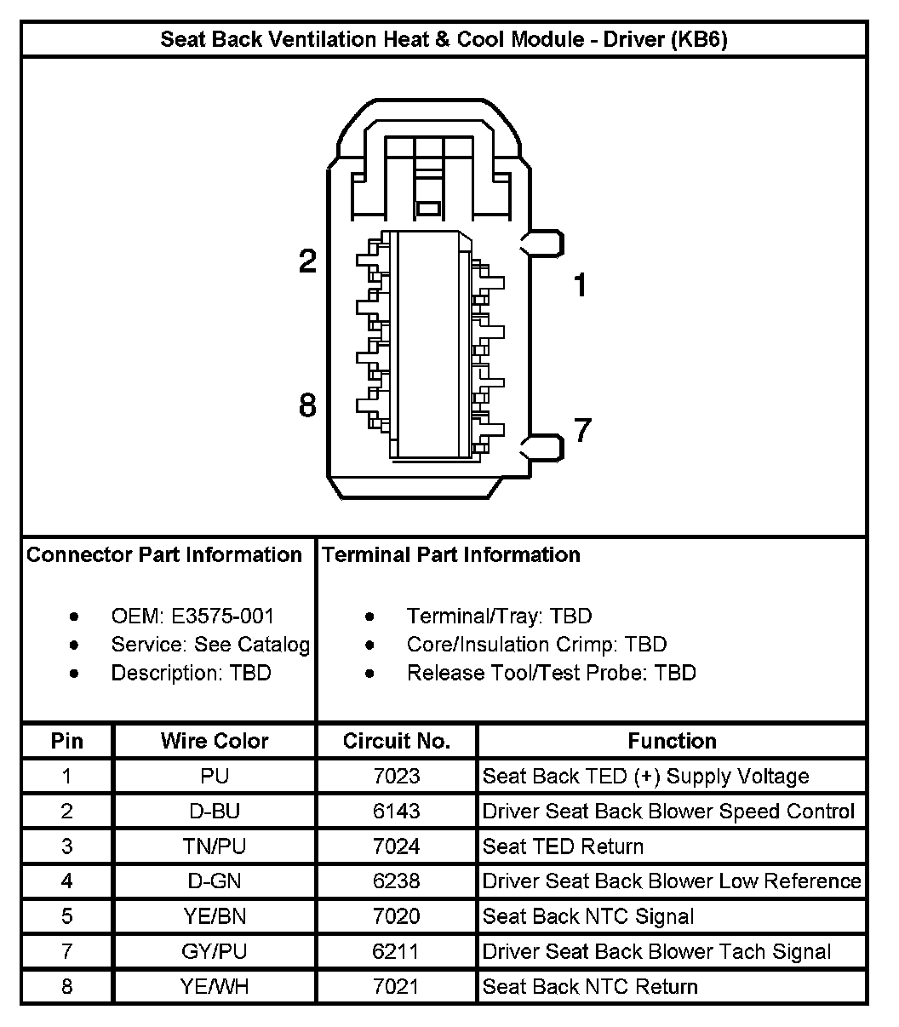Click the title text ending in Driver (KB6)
tap(444, 39)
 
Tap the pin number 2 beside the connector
tap(307, 261)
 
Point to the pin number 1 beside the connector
tap(580, 285)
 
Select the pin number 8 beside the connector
tap(307, 406)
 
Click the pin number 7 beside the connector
tap(581, 431)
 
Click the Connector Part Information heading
tap(164, 555)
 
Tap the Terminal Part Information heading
tap(451, 555)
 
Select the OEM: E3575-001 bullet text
tap(192, 616)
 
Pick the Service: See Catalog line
tap(210, 645)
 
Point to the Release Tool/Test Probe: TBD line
tap(551, 673)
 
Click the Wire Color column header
tap(215, 741)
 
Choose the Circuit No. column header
tap(397, 741)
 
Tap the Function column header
tap(672, 741)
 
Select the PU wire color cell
tap(215, 777)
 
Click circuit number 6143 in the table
tap(397, 812)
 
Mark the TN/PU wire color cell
tap(215, 846)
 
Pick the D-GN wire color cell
tap(215, 881)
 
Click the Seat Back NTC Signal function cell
tap(588, 916)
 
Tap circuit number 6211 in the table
tap(397, 951)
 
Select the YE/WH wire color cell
tap(215, 987)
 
